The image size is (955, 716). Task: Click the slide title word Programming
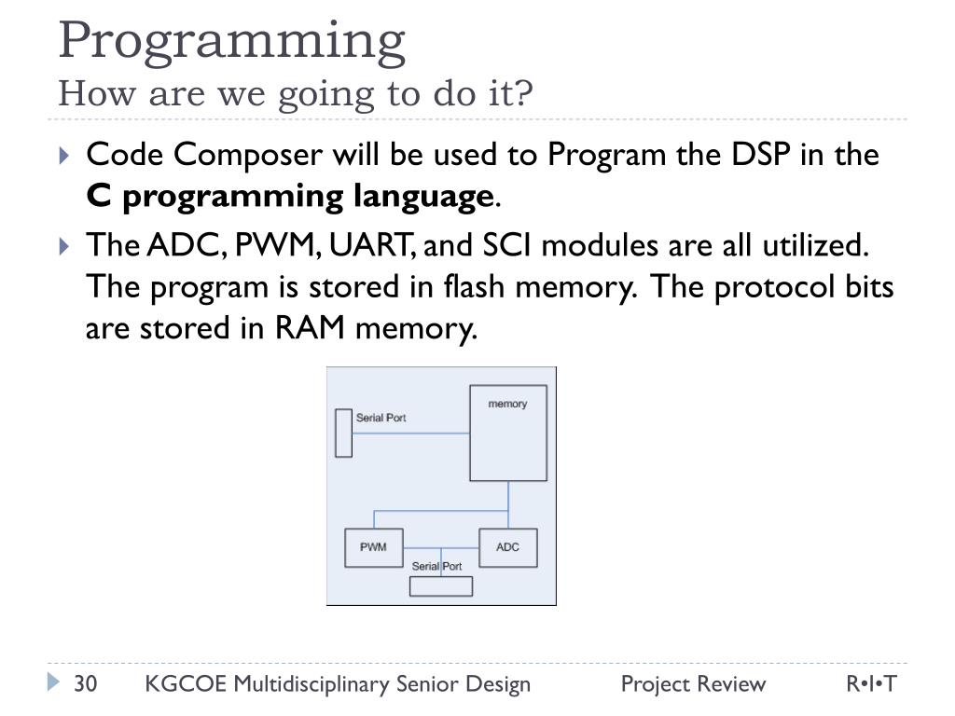[x=231, y=39]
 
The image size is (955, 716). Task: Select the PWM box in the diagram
[x=373, y=547]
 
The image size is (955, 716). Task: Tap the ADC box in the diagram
[x=507, y=547]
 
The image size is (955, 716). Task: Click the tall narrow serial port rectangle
[x=343, y=433]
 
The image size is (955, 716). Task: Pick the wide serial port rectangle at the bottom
[x=441, y=586]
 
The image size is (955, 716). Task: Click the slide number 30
[x=86, y=684]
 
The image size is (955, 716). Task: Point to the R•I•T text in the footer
[x=871, y=684]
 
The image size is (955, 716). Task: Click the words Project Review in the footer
[x=693, y=684]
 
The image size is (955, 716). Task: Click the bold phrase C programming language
[x=289, y=197]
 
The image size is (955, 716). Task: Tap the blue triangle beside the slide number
[x=53, y=683]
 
